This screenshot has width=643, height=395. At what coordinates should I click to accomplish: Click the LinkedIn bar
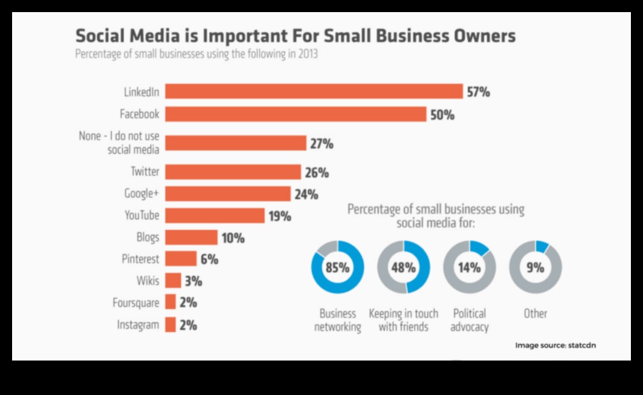coord(314,91)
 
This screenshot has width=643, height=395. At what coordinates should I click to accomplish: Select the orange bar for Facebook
coord(296,114)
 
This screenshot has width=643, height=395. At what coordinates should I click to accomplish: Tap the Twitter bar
coord(233,172)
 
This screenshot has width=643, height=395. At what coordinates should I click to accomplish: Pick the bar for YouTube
coord(215,215)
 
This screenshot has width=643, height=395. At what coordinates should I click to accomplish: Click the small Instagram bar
coord(170,325)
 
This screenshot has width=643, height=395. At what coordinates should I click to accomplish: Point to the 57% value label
coord(478,92)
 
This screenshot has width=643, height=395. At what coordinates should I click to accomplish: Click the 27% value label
coord(321,143)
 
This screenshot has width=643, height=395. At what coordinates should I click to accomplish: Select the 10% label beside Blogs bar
coord(233,238)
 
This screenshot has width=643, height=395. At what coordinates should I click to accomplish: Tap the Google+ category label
coord(141,194)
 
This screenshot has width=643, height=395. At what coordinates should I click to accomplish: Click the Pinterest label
coord(140,259)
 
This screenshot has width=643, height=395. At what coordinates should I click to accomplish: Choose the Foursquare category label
coord(136,302)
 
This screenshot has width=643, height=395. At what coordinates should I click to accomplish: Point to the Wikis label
coord(148,281)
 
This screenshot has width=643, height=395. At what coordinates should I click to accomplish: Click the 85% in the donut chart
coord(337,267)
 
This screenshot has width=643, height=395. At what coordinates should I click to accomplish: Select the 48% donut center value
coord(403,267)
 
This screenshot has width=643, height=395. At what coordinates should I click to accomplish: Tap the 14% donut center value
coord(469,267)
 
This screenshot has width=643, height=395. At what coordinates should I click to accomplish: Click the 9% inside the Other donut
coord(535,267)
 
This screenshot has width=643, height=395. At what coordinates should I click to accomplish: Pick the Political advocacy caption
coord(470,320)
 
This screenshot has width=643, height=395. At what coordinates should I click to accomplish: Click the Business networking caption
coord(337,320)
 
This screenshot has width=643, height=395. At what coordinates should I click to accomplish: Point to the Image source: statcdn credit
coord(555,345)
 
